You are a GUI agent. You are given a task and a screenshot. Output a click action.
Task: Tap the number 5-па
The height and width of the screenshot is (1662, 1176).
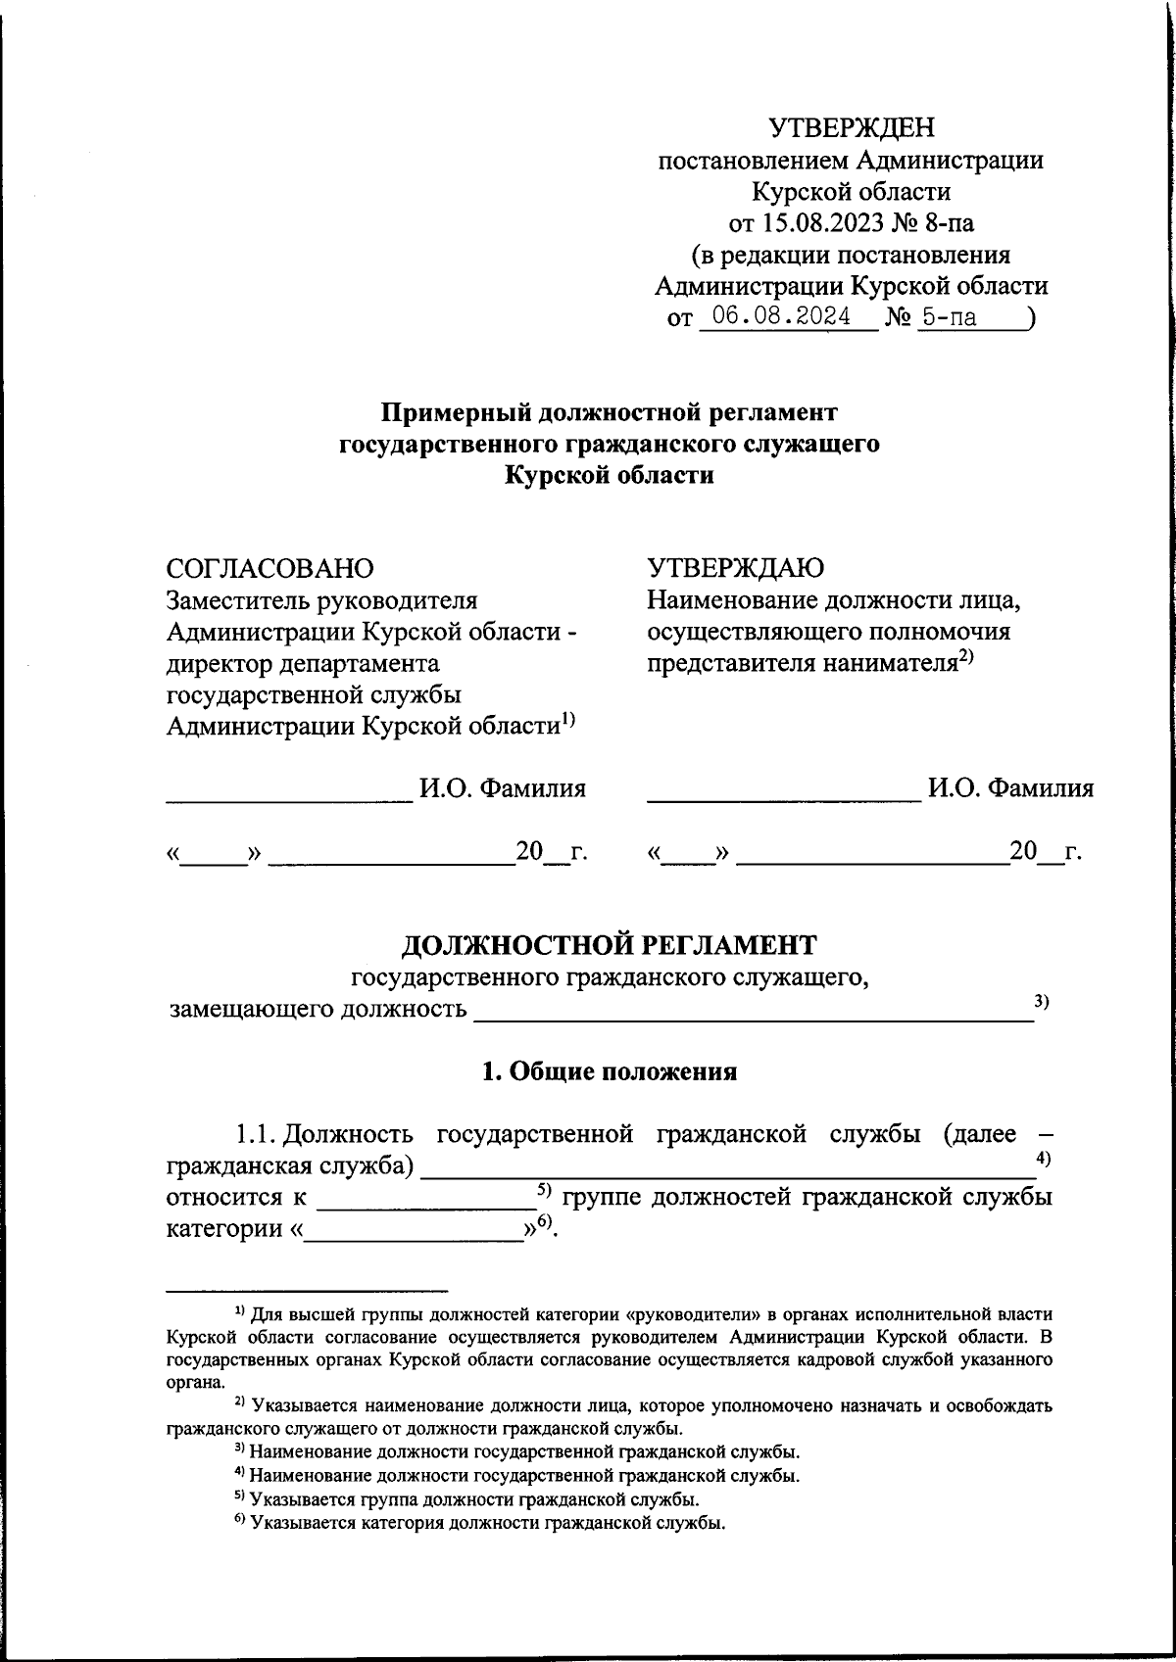(948, 317)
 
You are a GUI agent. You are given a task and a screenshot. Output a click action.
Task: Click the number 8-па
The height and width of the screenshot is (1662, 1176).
(947, 223)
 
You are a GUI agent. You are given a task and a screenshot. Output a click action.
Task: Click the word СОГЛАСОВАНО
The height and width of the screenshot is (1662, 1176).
(270, 568)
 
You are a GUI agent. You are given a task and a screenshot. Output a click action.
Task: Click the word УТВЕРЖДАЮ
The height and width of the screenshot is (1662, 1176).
(735, 568)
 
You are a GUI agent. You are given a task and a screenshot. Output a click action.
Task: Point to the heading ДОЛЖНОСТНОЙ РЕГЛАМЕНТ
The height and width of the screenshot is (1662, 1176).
(610, 945)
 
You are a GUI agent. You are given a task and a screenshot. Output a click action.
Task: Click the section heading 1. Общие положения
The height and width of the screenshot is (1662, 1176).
(610, 1071)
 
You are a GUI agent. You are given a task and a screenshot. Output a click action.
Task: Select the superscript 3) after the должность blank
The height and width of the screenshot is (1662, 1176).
(1042, 1000)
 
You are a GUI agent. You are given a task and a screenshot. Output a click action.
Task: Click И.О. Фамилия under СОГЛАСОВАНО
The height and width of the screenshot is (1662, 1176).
(503, 788)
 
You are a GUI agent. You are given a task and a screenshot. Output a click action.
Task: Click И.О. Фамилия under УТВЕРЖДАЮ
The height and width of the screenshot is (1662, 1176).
(1010, 788)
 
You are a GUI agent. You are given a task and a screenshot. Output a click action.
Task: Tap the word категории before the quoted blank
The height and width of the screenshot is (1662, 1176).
(224, 1228)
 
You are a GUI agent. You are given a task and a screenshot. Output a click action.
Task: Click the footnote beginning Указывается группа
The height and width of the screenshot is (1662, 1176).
(474, 1499)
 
